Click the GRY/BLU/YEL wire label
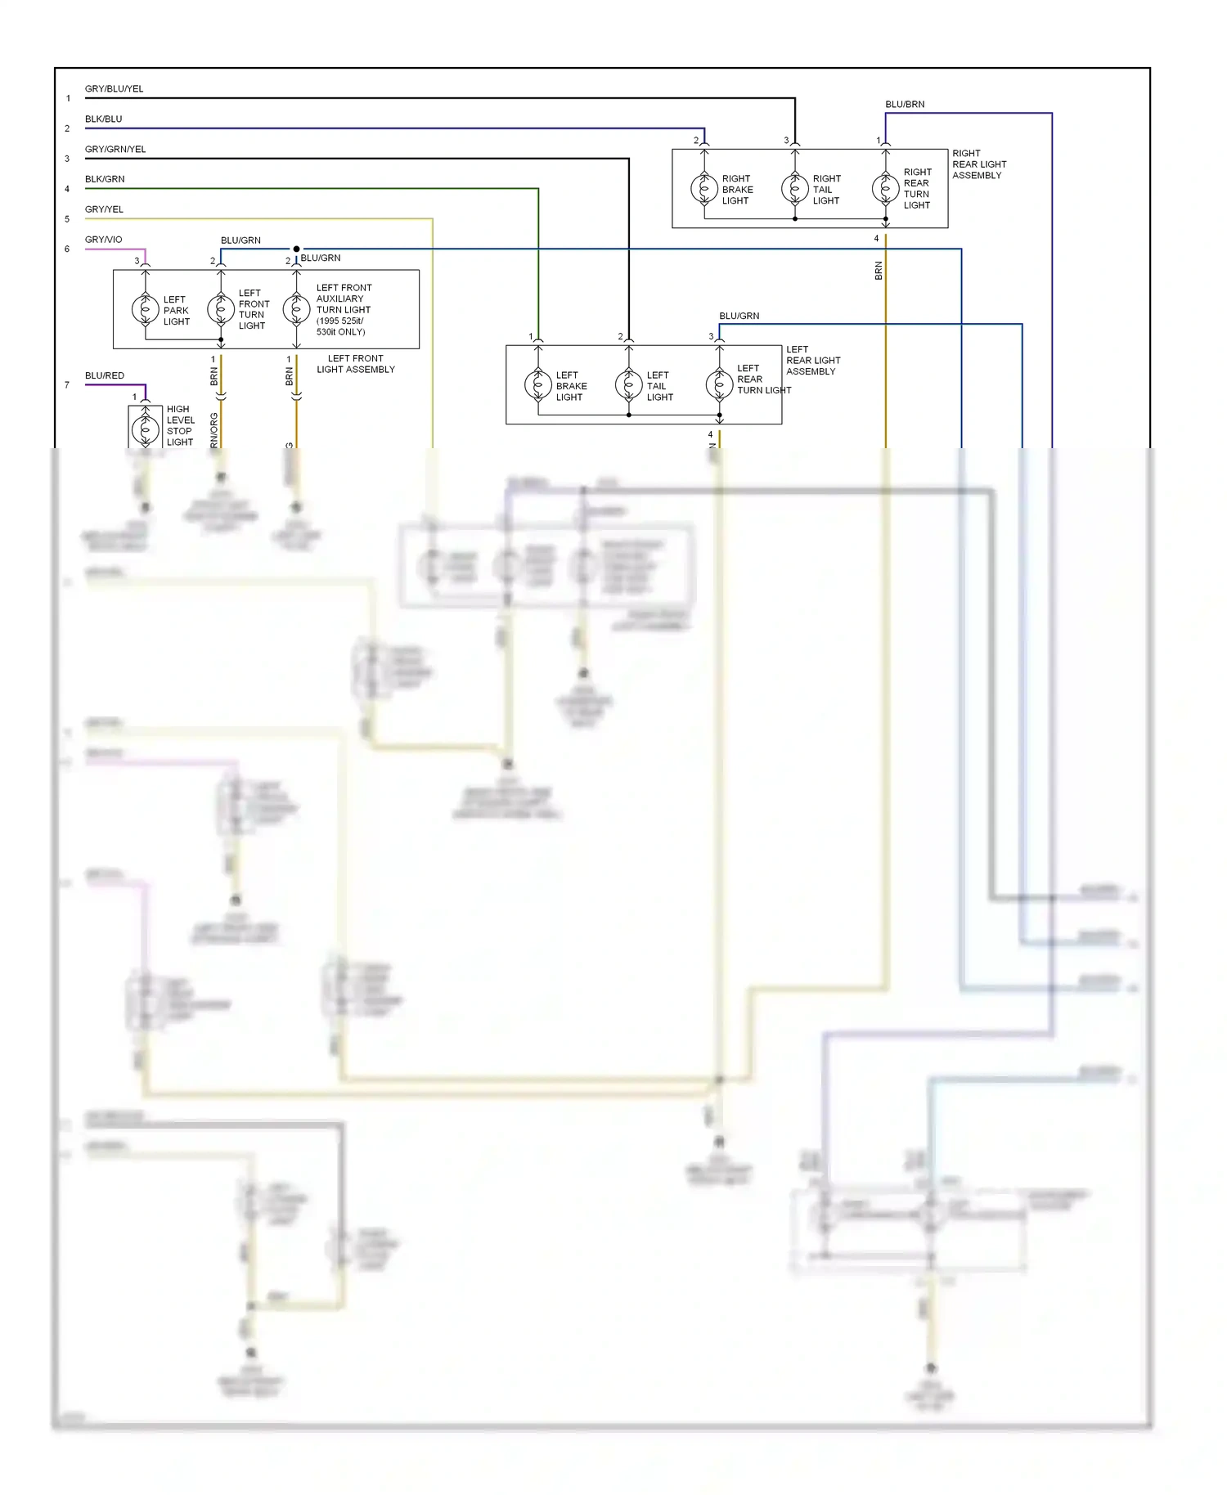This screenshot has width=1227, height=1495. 114,88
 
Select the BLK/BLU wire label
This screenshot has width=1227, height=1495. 103,119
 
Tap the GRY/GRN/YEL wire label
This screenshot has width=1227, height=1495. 115,149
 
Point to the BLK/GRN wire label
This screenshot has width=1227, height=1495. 105,179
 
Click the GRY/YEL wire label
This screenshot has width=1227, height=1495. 104,209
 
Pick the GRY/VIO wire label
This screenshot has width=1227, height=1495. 103,240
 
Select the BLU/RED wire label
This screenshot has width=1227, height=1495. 105,375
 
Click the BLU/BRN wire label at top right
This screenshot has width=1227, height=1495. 905,104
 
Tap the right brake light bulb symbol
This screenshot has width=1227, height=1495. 704,189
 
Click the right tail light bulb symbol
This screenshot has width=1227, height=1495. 795,189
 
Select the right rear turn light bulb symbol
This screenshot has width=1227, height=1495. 885,189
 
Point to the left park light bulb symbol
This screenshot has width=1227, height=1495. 146,309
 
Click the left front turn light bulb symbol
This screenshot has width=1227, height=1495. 221,309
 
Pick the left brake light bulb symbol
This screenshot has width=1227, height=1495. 538,384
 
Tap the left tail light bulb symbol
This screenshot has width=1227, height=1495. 629,384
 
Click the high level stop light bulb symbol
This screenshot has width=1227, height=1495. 146,429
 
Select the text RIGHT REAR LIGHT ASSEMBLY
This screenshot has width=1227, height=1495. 979,164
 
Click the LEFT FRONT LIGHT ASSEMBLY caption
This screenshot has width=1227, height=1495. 356,364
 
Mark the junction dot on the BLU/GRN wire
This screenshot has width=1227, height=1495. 296,249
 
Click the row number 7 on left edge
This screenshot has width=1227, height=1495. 67,384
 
